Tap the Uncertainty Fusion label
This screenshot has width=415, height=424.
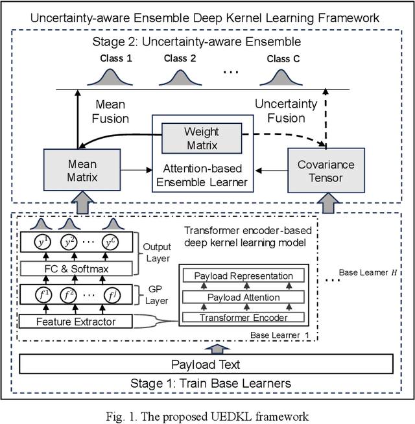pos(286,111)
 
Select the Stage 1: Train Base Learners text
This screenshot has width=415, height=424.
pos(207,383)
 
